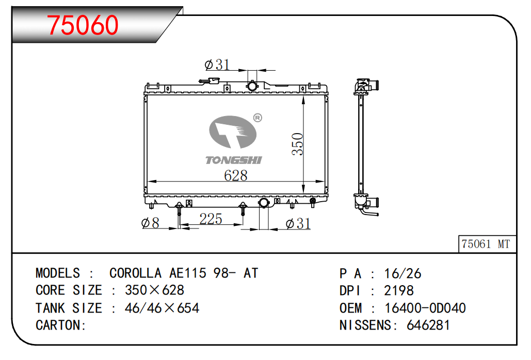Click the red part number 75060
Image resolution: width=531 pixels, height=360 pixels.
pyautogui.click(x=83, y=25)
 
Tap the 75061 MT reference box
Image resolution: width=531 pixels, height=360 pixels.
pyautogui.click(x=487, y=244)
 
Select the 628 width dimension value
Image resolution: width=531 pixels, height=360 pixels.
pyautogui.click(x=236, y=175)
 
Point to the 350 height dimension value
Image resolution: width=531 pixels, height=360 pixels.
pyautogui.click(x=297, y=144)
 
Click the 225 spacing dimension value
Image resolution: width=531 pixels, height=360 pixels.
pyautogui.click(x=211, y=219)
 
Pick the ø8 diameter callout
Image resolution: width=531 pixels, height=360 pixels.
pyautogui.click(x=150, y=223)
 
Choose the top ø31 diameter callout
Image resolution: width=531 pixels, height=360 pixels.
pyautogui.click(x=217, y=64)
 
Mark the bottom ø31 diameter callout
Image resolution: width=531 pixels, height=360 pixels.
pyautogui.click(x=298, y=224)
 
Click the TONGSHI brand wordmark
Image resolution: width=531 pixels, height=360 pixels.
pyautogui.click(x=234, y=160)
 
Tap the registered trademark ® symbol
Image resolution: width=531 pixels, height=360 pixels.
pyautogui.click(x=258, y=118)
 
